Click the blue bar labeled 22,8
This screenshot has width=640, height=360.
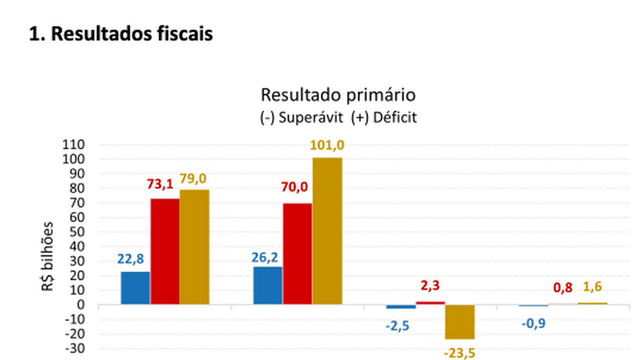(135, 288)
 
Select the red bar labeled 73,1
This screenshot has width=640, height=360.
(165, 251)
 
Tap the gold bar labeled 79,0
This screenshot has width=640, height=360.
(194, 247)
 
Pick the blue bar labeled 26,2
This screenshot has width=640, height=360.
(267, 285)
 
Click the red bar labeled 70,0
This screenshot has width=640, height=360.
(297, 254)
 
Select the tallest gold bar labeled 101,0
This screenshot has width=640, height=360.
(327, 231)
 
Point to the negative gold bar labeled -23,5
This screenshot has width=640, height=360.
(459, 322)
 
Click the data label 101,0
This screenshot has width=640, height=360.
(327, 145)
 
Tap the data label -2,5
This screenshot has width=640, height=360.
(397, 325)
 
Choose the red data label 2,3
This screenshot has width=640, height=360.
(430, 286)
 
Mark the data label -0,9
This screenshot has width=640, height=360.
(533, 323)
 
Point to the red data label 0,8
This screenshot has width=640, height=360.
(563, 288)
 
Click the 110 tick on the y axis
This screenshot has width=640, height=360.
(75, 145)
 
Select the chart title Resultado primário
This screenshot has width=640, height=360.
(338, 94)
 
